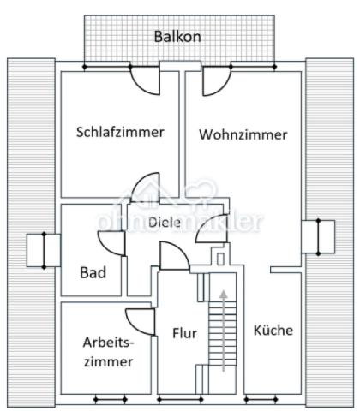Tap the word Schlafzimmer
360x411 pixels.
[120, 132]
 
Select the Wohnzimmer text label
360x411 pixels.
[243, 134]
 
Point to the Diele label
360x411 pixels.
[164, 222]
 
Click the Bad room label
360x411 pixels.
[93, 273]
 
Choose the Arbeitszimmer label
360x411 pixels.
[108, 352]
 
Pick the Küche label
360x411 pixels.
[273, 330]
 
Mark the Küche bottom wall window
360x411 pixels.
[267, 399]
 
